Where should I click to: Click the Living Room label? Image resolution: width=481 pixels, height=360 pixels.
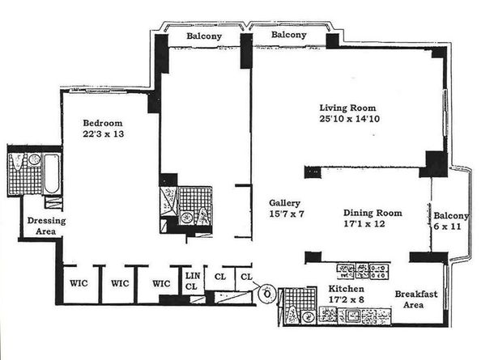[347, 108]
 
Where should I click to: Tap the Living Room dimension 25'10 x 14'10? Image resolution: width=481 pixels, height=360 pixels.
[349, 119]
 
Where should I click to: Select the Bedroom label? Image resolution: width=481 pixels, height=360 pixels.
[103, 123]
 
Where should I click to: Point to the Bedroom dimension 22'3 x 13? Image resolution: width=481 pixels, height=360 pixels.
[104, 134]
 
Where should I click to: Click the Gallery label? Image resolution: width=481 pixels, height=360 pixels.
[284, 203]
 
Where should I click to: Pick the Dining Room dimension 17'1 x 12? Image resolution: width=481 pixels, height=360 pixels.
[364, 223]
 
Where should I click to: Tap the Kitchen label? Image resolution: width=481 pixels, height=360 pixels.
[347, 289]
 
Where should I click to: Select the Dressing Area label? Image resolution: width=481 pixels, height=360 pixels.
[46, 226]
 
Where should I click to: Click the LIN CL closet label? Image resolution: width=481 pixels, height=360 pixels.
[193, 281]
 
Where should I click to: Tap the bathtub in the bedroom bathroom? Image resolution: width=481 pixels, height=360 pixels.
[52, 174]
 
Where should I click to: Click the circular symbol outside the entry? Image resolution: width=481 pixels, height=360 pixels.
[267, 294]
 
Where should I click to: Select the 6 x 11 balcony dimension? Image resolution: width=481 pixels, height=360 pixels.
[448, 227]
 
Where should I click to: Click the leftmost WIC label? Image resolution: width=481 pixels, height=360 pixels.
[79, 283]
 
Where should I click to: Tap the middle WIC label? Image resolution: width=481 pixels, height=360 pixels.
[120, 283]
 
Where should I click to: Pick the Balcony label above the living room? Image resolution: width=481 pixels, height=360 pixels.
[288, 35]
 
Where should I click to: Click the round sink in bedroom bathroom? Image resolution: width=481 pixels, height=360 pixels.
[34, 159]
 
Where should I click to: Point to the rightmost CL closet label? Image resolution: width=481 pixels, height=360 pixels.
[246, 277]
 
